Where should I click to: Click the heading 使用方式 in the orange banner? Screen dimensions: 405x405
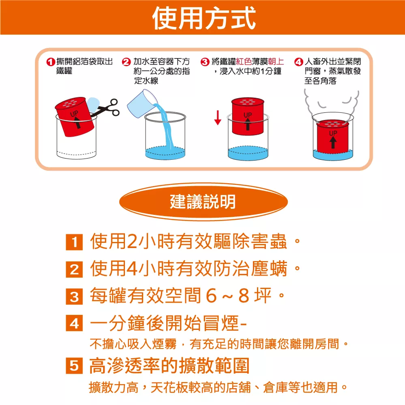point(204,18)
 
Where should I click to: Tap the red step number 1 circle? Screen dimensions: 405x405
point(51,62)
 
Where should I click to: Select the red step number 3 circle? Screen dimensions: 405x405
point(205,62)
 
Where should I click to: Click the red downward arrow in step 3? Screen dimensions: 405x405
point(218,118)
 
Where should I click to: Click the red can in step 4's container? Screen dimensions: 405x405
point(333,136)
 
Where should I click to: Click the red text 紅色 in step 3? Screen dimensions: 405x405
point(244,61)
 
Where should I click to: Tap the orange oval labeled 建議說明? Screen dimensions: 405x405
point(203,201)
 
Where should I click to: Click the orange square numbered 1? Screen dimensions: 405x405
point(74,242)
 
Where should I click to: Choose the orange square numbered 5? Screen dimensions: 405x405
point(74,365)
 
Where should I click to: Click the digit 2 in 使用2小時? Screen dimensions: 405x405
point(132,241)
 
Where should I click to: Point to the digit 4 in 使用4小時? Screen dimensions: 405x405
point(132,269)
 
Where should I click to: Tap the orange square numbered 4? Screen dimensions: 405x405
point(74,323)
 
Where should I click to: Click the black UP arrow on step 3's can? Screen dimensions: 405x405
point(248,124)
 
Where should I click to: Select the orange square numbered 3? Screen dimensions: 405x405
point(74,296)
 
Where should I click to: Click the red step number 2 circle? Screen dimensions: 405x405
point(126,62)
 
